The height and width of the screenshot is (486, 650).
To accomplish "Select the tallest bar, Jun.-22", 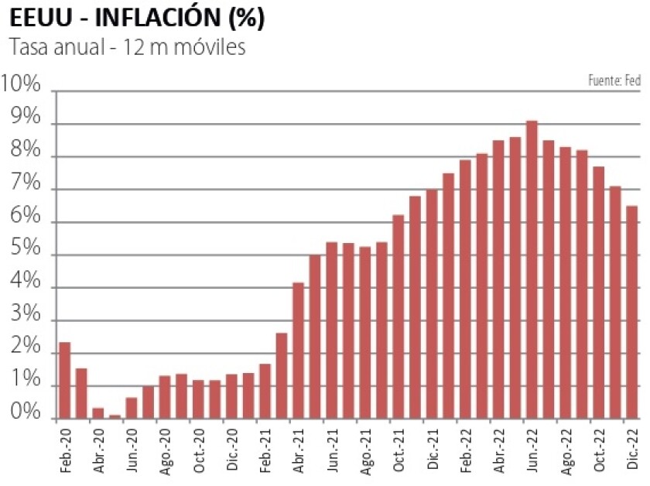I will coord(532,270).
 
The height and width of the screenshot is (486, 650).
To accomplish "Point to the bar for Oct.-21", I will coord(398,317).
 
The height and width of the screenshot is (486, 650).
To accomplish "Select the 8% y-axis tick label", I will coord(25,150).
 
